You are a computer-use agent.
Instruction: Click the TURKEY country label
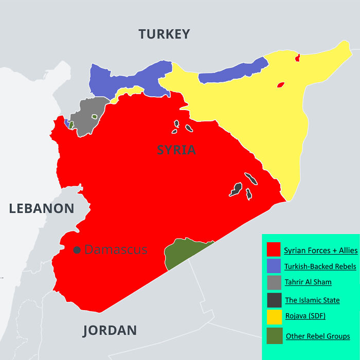pyautogui.click(x=164, y=34)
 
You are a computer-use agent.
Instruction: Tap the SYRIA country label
pyautogui.click(x=176, y=150)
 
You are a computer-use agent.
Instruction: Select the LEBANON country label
pyautogui.click(x=42, y=208)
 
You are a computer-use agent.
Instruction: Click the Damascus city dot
pyautogui.click(x=77, y=250)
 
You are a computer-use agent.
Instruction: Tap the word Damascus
pyautogui.click(x=116, y=250)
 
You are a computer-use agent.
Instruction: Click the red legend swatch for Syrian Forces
pyautogui.click(x=274, y=250)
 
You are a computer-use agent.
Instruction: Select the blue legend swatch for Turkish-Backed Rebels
pyautogui.click(x=274, y=266)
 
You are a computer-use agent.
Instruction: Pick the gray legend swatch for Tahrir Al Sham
pyautogui.click(x=274, y=282)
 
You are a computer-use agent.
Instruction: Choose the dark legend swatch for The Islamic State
pyautogui.click(x=274, y=300)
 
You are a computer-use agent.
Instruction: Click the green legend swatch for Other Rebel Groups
pyautogui.click(x=274, y=336)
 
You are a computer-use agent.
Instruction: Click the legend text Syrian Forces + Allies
pyautogui.click(x=320, y=251)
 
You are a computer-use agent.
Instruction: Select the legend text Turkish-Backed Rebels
pyautogui.click(x=320, y=266)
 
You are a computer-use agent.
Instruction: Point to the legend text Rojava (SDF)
pyautogui.click(x=305, y=316)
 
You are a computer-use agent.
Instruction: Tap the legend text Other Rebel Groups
pyautogui.click(x=317, y=336)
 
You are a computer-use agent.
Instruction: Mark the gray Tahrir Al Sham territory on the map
pyautogui.click(x=87, y=116)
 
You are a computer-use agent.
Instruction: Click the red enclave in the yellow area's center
pyautogui.click(x=280, y=85)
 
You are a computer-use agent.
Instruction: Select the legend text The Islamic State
pyautogui.click(x=312, y=300)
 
